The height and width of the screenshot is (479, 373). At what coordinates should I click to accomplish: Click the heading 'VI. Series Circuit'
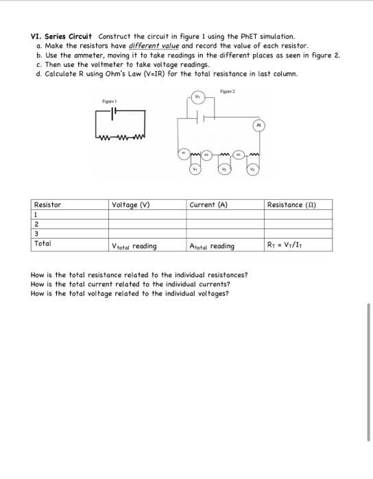point(61,36)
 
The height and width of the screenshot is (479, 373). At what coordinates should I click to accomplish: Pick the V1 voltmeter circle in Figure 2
point(194,168)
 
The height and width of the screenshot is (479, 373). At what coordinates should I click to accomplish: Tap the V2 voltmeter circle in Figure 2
point(224,168)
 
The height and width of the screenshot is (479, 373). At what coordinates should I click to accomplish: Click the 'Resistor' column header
point(47,205)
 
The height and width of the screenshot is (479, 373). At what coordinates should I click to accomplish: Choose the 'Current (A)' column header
point(208,205)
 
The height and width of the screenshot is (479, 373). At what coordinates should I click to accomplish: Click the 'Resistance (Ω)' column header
point(291,205)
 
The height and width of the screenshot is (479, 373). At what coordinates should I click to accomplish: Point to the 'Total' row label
point(43,243)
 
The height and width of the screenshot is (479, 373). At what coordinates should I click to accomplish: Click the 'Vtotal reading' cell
point(134,246)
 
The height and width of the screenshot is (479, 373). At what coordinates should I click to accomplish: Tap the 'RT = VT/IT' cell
point(287,246)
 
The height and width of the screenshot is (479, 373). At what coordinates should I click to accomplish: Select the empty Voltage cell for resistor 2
point(147,223)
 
